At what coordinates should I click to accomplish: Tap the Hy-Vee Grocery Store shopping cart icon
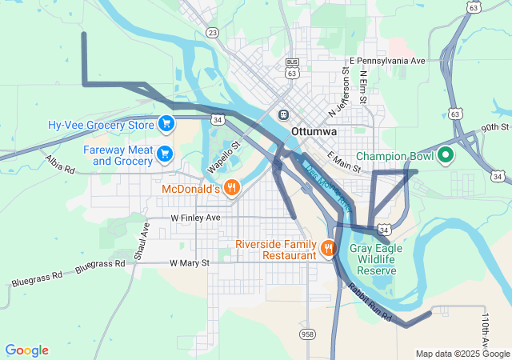tap(166, 123)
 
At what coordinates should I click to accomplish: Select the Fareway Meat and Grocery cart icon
tap(165, 153)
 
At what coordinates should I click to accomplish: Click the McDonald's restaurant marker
tap(231, 188)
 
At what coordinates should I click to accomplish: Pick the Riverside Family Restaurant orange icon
tap(327, 248)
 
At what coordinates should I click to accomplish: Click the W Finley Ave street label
tap(195, 218)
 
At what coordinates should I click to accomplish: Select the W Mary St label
tap(189, 262)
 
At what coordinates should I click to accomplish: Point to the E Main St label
tap(345, 162)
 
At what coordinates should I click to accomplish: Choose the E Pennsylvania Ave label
tap(387, 61)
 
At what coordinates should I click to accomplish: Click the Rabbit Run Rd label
tap(369, 303)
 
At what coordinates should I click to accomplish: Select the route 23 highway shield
tap(211, 32)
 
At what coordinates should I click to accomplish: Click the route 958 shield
tap(306, 333)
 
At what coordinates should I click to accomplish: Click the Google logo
tap(27, 350)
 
